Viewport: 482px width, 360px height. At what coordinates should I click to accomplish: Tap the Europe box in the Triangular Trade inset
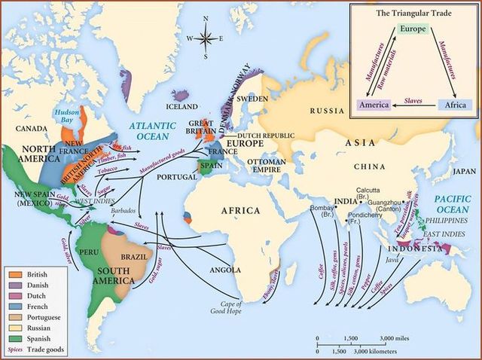(411, 29)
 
